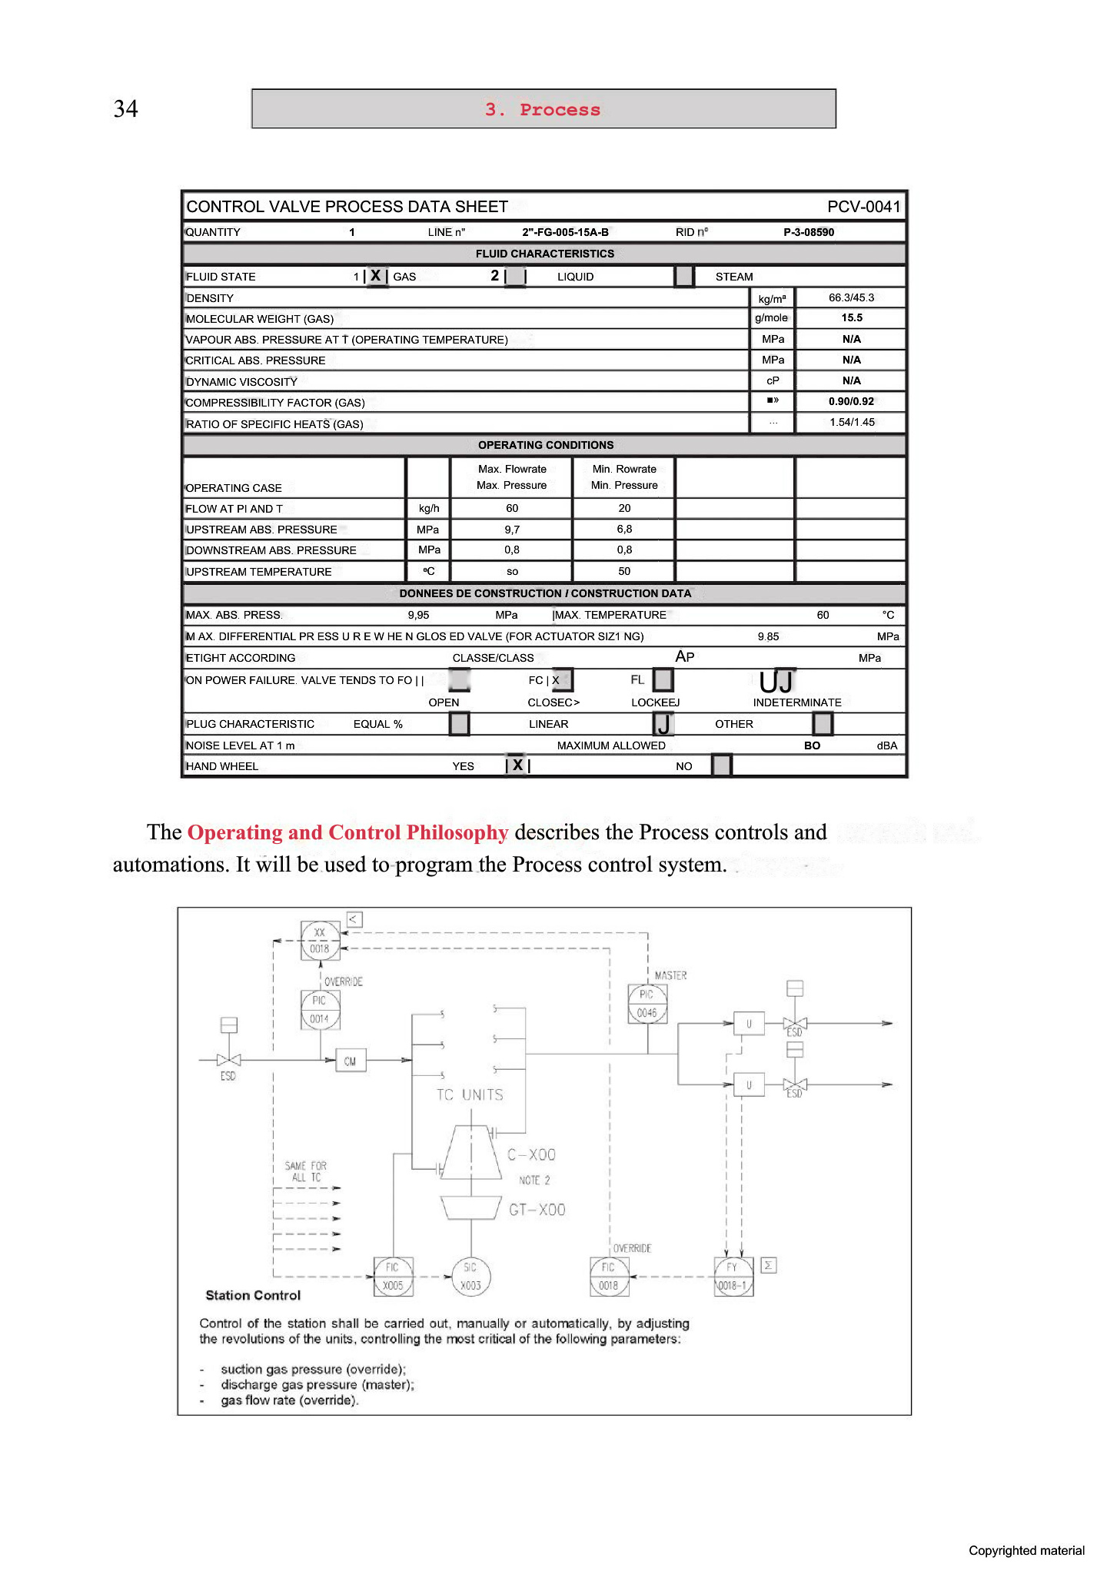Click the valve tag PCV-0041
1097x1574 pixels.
pos(863,207)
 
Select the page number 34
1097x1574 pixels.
pos(126,108)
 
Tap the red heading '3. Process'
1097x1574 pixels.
pos(543,109)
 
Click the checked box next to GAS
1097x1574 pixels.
pos(376,276)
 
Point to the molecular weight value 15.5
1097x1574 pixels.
pos(851,317)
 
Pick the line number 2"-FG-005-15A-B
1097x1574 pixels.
pos(565,232)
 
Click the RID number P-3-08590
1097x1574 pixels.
pos(809,232)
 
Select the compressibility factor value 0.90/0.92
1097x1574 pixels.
pos(851,401)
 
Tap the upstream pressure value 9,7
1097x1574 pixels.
pos(512,529)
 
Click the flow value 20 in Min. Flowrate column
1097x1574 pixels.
pos(624,508)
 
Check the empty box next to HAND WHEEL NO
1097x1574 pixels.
pos(722,765)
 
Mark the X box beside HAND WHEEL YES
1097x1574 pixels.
pos(517,765)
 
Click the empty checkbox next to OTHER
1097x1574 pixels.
pos(823,723)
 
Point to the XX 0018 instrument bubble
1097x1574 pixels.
pos(320,941)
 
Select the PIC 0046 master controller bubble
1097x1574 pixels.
pos(647,1004)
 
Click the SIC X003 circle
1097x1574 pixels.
pos(470,1277)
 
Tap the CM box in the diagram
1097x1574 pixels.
pos(351,1061)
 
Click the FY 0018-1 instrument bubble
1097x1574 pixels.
pos(733,1277)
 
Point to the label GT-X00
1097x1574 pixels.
pos(537,1210)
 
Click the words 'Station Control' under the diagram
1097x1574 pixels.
pos(253,1295)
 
